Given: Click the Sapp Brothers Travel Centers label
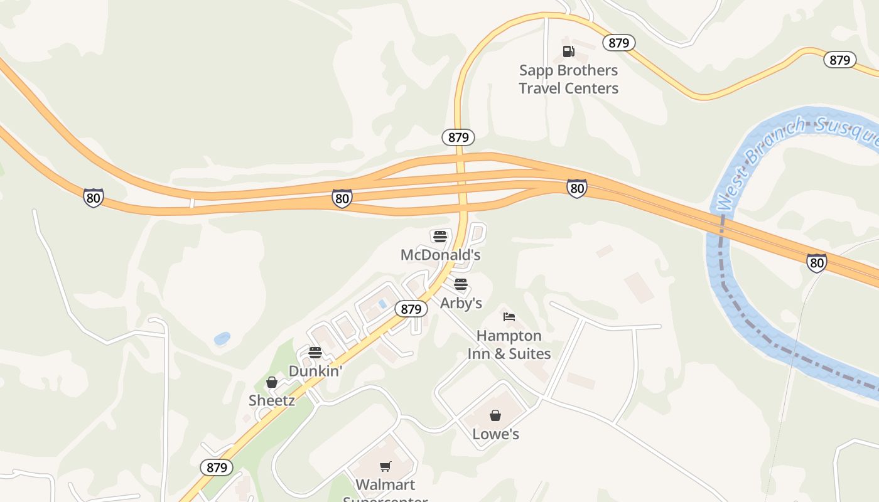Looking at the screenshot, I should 568,79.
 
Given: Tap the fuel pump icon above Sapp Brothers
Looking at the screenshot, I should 568,51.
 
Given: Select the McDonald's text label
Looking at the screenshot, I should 440,255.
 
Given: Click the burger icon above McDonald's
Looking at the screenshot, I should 440,237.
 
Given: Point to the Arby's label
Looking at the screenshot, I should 461,303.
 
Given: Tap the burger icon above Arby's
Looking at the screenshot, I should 461,285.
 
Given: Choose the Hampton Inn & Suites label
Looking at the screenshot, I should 509,344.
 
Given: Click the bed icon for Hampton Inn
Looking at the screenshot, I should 509,317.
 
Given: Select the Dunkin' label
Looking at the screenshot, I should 315,371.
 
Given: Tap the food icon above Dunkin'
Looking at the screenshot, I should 315,353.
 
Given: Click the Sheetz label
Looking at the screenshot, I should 272,400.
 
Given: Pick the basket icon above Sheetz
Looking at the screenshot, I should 272,382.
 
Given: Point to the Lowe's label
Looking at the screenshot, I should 495,434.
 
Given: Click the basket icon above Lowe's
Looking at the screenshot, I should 495,415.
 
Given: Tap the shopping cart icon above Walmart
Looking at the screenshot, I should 386,467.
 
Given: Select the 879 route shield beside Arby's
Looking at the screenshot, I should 411,309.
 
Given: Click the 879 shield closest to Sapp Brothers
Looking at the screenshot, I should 619,43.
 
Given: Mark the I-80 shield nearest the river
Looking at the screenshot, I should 817,262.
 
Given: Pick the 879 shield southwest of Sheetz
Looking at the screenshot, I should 217,467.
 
